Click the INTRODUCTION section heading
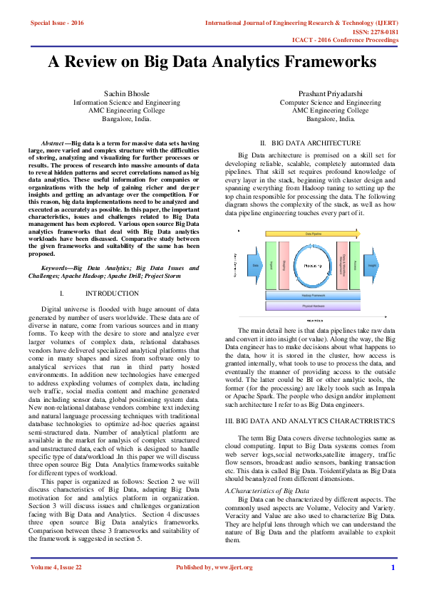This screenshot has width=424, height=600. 112,293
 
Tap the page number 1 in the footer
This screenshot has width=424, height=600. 393,567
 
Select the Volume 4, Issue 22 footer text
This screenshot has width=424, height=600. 56,567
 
